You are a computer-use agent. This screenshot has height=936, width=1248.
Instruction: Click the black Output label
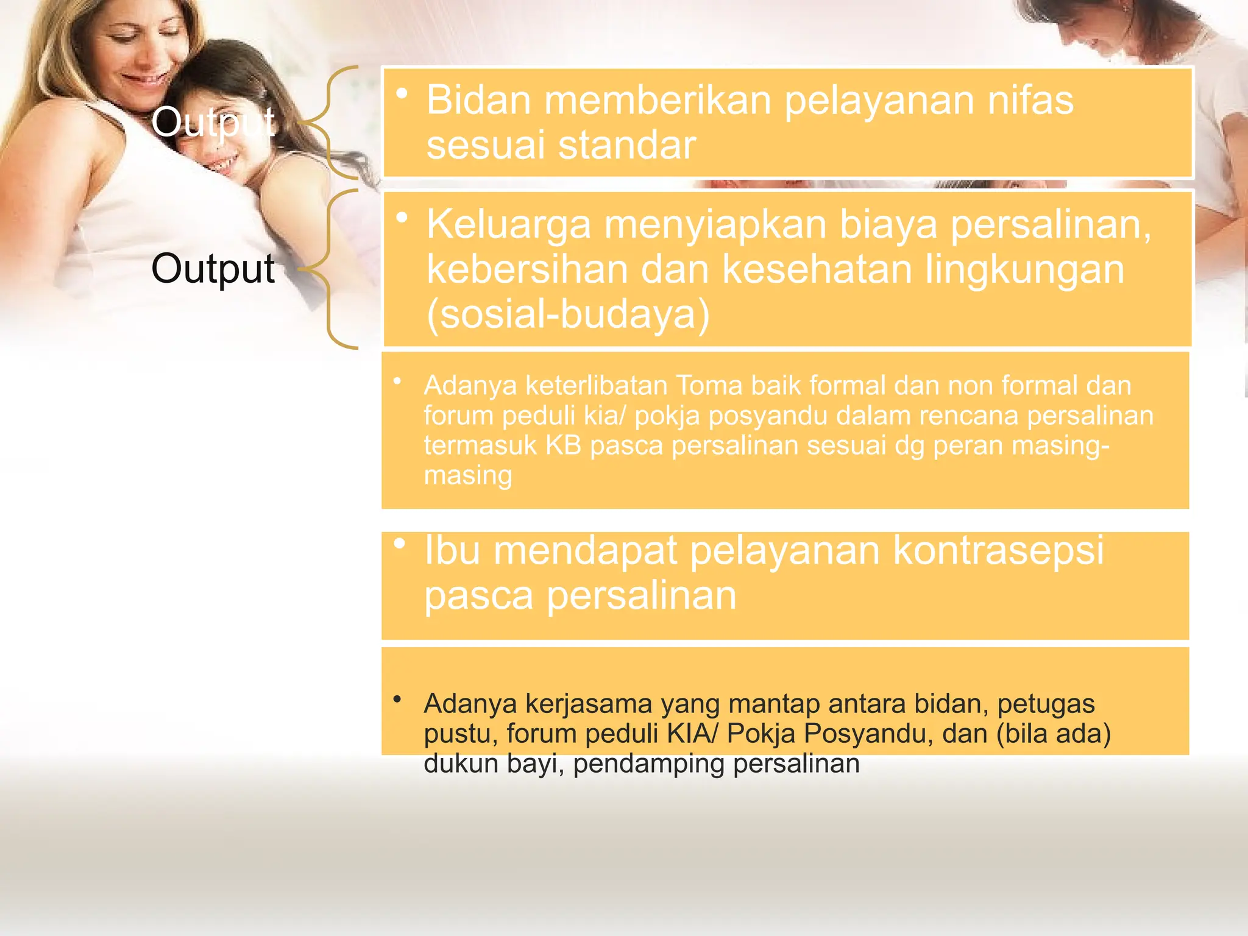pos(213,269)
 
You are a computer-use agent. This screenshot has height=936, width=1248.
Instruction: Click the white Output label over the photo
pos(213,122)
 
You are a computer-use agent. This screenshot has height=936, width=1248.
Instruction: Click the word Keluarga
pos(508,224)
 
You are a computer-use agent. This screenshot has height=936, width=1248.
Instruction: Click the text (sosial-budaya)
pos(568,314)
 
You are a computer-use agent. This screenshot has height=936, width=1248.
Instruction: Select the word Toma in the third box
pos(707,386)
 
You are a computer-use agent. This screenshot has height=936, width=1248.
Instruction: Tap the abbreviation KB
pos(563,445)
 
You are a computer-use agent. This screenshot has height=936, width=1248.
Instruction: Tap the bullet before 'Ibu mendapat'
pos(400,544)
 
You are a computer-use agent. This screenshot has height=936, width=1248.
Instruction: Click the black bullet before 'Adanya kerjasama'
pos(397,700)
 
